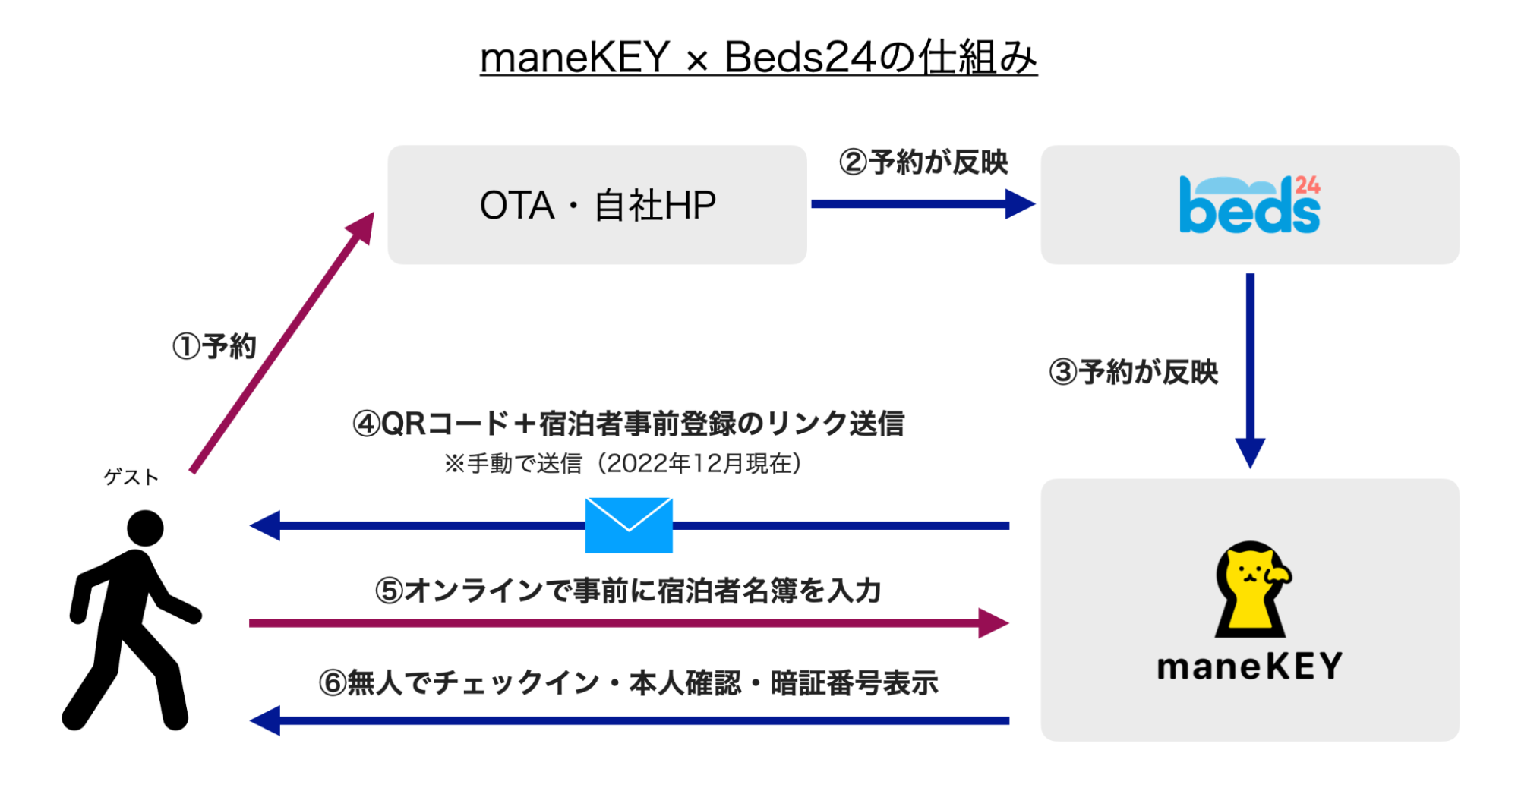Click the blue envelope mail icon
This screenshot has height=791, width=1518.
click(629, 525)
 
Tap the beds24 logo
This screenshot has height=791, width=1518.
click(1249, 205)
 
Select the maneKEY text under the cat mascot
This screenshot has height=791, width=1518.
click(1249, 667)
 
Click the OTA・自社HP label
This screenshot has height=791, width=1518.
click(598, 206)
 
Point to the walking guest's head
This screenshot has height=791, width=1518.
click(145, 528)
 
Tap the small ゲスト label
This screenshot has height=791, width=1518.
click(131, 477)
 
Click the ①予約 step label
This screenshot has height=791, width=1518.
click(214, 346)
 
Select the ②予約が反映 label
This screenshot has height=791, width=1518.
click(923, 162)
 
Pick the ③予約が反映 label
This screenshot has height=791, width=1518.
click(1133, 372)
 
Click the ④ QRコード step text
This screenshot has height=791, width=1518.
click(628, 424)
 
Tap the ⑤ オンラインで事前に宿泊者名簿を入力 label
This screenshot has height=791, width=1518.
click(628, 591)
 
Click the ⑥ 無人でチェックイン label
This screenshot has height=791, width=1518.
click(628, 683)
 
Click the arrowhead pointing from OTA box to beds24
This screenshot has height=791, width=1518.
click(1019, 203)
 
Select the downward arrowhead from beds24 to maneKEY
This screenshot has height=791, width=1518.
click(1250, 452)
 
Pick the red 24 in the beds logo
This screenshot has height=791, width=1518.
click(1308, 185)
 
